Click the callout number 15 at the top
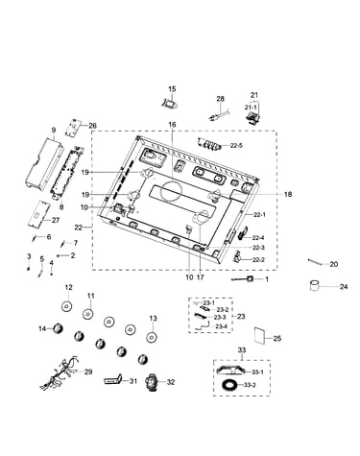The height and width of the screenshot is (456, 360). click(x=172, y=89)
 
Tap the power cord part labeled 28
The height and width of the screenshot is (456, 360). click(x=218, y=114)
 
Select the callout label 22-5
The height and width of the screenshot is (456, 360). click(x=236, y=146)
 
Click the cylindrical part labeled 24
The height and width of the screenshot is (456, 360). click(x=315, y=285)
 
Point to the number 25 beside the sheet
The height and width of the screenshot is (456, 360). click(x=277, y=338)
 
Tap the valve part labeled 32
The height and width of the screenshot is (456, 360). click(x=153, y=382)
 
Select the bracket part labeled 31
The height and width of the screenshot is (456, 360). click(x=113, y=379)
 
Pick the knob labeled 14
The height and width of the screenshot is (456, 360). click(x=58, y=328)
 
